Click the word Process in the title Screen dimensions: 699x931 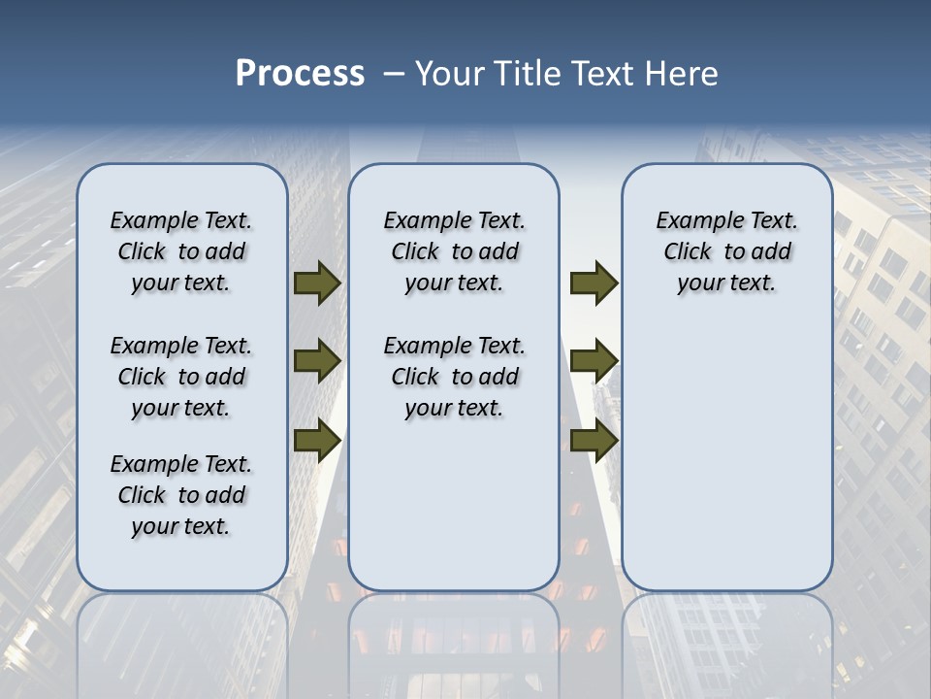(x=300, y=74)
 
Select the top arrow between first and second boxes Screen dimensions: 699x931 (x=317, y=283)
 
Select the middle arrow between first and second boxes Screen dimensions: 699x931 (x=317, y=361)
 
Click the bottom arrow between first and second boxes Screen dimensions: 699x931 (x=317, y=441)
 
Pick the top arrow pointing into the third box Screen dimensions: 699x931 (x=594, y=283)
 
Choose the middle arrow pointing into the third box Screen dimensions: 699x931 (x=594, y=361)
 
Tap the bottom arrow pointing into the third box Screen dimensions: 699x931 (x=594, y=441)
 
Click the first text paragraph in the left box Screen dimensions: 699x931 (x=181, y=251)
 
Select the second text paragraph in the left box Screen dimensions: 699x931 (x=181, y=377)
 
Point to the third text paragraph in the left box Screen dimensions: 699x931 (x=181, y=495)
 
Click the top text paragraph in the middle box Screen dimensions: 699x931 (x=454, y=251)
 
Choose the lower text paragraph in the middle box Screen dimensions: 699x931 (x=454, y=377)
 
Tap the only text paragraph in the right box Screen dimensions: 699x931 (x=726, y=251)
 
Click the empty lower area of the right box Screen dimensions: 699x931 (x=726, y=456)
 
